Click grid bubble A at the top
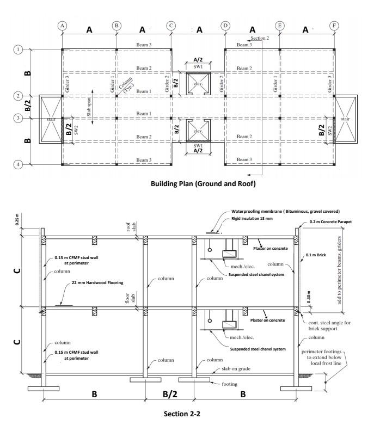[x=63, y=26]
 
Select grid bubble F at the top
[x=334, y=26]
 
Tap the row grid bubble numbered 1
[x=19, y=50]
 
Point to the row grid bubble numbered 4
[x=19, y=164]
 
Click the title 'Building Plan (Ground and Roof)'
[x=203, y=184]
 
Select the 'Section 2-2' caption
[x=182, y=414]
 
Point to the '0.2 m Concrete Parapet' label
[x=333, y=222]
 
